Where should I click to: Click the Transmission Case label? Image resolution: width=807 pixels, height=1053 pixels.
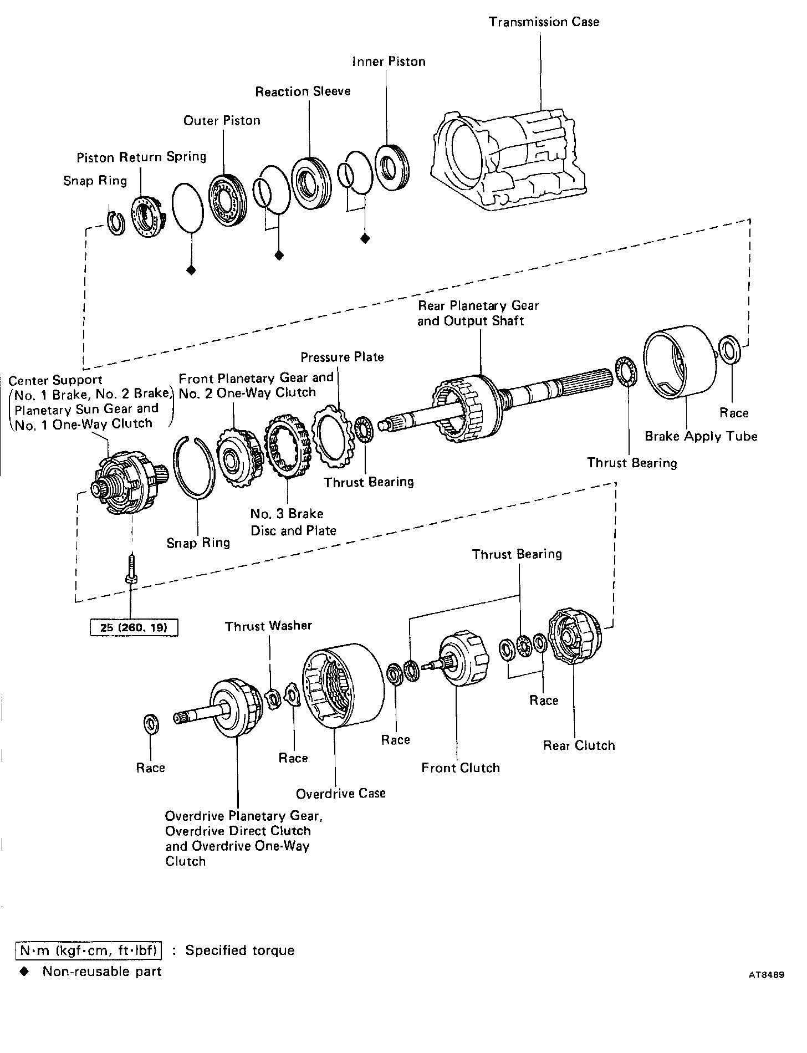click(x=543, y=22)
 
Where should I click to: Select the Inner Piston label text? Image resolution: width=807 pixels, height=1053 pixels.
click(x=389, y=62)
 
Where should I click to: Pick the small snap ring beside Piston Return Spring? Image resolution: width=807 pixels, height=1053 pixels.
click(x=115, y=223)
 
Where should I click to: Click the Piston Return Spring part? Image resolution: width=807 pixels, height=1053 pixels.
click(x=146, y=218)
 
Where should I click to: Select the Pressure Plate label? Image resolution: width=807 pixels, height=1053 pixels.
click(x=342, y=357)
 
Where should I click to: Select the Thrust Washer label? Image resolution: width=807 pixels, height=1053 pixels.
click(x=268, y=626)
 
